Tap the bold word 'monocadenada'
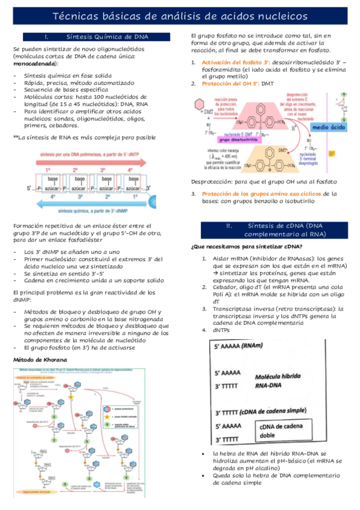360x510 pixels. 35,63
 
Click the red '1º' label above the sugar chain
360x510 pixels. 47,170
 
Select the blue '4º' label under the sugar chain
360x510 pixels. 53,196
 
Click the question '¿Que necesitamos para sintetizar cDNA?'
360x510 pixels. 246,247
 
